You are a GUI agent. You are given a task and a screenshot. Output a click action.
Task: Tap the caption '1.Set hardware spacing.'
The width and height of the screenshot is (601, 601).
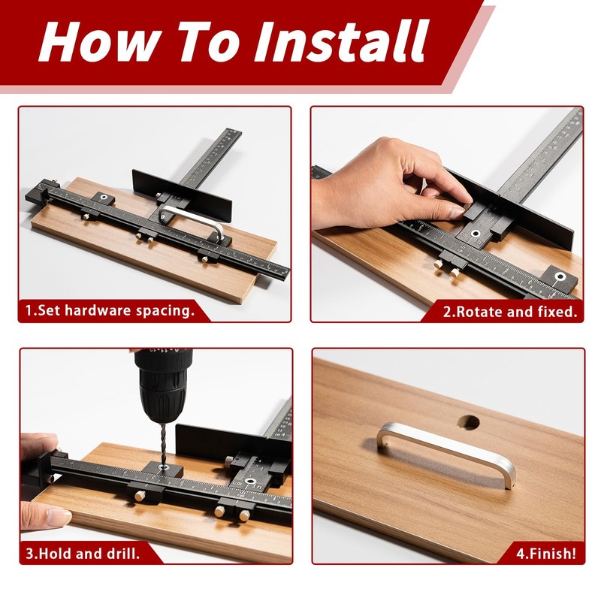(110, 310)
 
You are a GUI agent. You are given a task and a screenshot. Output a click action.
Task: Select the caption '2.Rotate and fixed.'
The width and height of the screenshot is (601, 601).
(510, 311)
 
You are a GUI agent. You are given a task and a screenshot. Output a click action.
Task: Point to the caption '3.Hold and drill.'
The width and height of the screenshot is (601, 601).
(83, 554)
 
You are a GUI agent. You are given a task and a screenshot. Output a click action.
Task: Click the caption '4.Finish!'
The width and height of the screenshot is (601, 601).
(546, 554)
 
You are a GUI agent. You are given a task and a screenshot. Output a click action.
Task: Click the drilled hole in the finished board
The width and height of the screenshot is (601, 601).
(468, 422)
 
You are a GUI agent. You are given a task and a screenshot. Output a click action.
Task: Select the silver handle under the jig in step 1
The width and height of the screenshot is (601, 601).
(192, 221)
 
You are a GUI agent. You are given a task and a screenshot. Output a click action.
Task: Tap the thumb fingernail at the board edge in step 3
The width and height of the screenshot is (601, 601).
(58, 517)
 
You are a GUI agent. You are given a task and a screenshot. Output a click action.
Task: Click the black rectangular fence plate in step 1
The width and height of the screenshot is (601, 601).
(183, 196)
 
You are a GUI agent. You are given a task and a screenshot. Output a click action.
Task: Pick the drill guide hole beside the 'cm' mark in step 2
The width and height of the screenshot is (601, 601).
(476, 233)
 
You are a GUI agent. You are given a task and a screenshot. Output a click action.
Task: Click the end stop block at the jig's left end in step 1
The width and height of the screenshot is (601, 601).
(41, 195)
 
